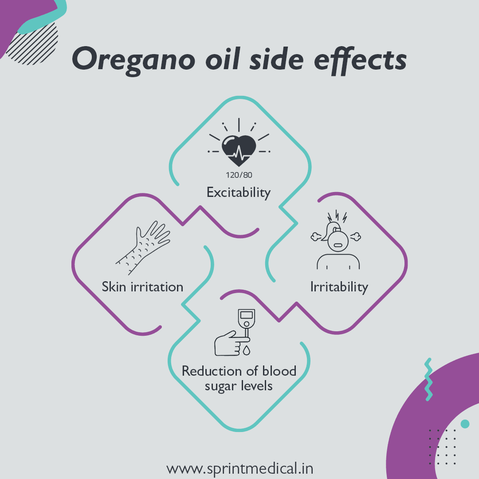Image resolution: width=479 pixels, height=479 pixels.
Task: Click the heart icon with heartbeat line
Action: coord(239,151)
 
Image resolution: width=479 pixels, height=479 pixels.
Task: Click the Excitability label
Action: coord(239,192)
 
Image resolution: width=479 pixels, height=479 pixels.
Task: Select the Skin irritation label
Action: coord(142,287)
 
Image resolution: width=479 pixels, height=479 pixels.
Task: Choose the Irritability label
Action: coord(339,287)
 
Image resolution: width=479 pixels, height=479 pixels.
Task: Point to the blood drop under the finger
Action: coord(246,351)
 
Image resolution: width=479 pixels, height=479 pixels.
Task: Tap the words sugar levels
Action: coord(239,385)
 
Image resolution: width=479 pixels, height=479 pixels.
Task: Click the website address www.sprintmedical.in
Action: coord(239,468)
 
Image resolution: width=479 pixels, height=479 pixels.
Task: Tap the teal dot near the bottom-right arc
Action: coord(465,424)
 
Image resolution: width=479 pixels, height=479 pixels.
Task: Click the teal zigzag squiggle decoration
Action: coord(428,380)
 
